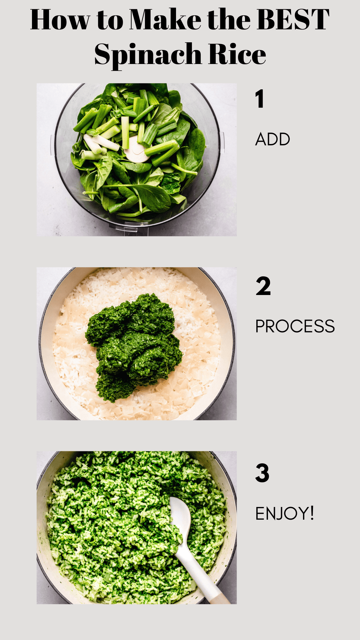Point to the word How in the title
[x=60, y=20]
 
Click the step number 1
[x=260, y=99]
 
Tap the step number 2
[x=263, y=286]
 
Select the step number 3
[x=262, y=473]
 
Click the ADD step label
[x=273, y=139]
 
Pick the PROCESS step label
[x=295, y=326]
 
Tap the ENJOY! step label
[x=285, y=513]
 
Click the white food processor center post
[x=136, y=151]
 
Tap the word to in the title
[x=110, y=20]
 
